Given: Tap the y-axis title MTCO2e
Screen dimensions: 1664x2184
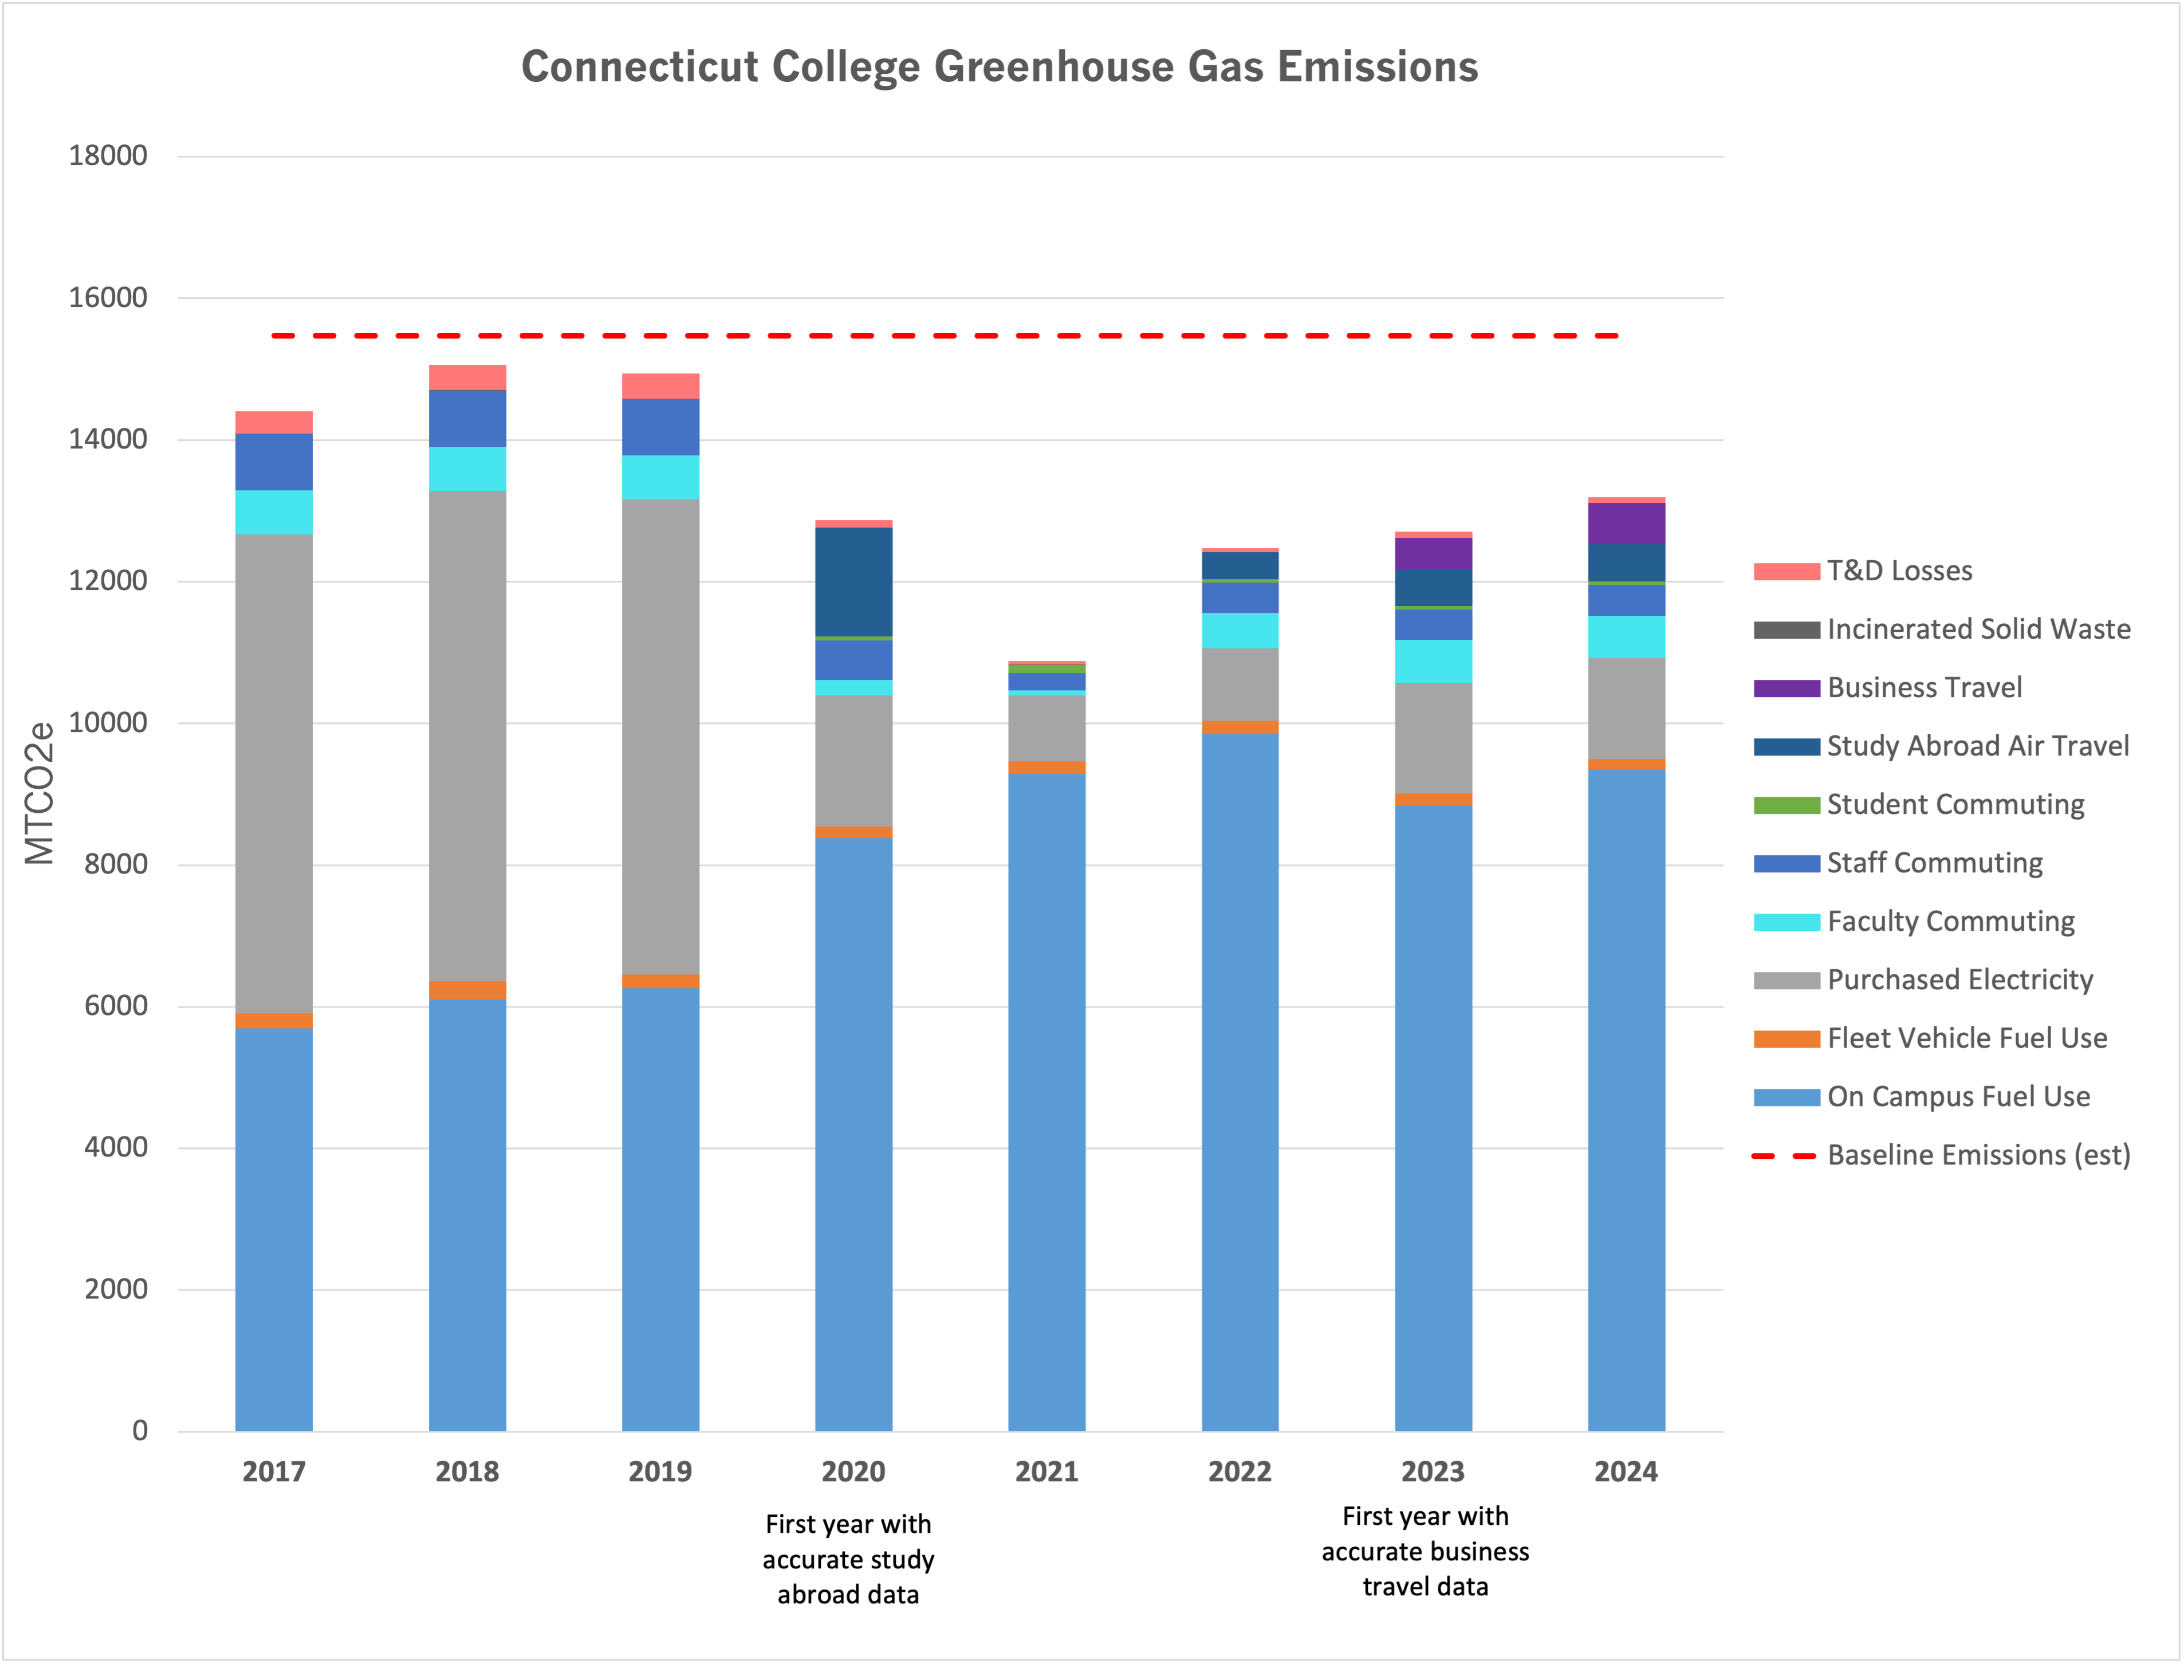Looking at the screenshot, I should coord(40,793).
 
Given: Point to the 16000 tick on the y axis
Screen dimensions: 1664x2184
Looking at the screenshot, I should coord(107,297).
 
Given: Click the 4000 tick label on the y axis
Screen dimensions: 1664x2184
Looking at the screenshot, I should coord(115,1147).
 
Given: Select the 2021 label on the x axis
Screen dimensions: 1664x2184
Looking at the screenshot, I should coord(1046,1471).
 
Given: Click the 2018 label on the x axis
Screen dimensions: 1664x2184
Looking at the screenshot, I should coord(466,1471).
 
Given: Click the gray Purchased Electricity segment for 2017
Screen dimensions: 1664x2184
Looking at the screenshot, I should coord(273,773).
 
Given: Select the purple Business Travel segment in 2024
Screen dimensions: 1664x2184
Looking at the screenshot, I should coord(1626,523).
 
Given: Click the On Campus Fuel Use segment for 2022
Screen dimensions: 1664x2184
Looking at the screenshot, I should coord(1239,1080).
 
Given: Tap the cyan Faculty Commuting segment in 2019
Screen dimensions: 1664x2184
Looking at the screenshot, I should coord(660,477).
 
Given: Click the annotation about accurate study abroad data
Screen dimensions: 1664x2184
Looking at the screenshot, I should coord(848,1559).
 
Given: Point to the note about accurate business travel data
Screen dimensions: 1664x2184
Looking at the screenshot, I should coord(1424,1551).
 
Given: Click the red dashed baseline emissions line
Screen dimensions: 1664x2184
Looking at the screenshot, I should coord(941,336).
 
